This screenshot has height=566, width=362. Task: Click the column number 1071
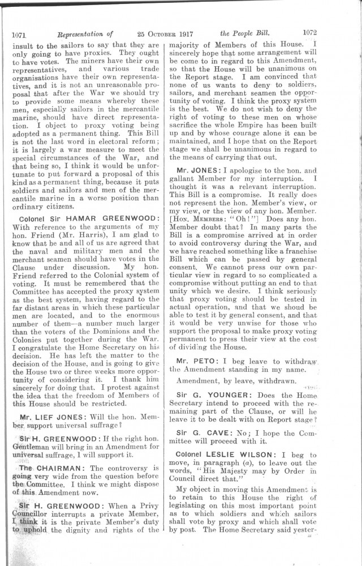pos(20,33)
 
